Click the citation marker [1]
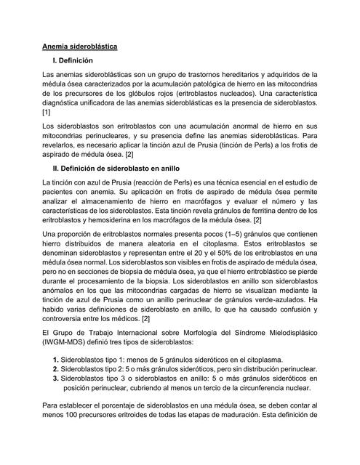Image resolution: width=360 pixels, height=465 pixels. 48,114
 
